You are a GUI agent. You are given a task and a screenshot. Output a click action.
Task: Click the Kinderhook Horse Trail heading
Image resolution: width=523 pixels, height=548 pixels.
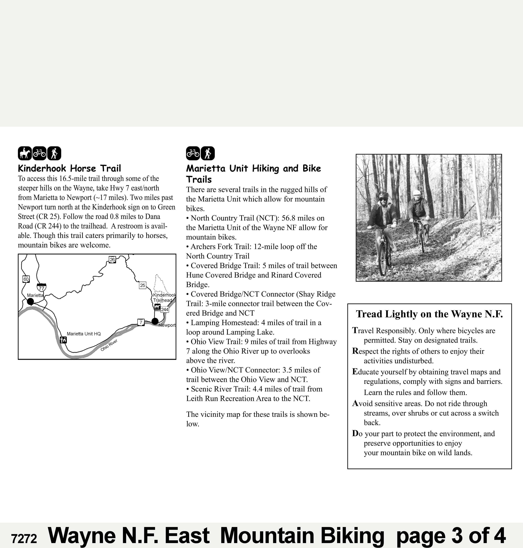click(x=69, y=169)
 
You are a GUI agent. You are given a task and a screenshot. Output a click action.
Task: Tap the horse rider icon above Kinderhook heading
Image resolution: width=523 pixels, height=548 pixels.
click(x=25, y=153)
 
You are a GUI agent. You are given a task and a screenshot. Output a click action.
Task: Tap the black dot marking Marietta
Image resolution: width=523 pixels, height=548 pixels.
click(x=30, y=302)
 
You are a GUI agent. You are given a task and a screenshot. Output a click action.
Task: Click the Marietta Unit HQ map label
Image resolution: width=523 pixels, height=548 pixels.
click(x=84, y=334)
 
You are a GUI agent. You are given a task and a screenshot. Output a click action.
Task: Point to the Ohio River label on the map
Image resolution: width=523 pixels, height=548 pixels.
click(x=109, y=346)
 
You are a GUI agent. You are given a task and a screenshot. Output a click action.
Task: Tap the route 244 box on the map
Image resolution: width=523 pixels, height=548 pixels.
click(x=165, y=309)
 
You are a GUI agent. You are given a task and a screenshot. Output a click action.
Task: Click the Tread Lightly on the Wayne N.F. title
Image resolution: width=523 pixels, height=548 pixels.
click(x=429, y=314)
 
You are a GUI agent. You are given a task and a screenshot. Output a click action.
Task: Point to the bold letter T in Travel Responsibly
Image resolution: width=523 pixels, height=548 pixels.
click(x=355, y=331)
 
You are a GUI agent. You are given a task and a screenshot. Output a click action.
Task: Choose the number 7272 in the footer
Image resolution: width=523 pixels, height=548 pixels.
click(x=24, y=538)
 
